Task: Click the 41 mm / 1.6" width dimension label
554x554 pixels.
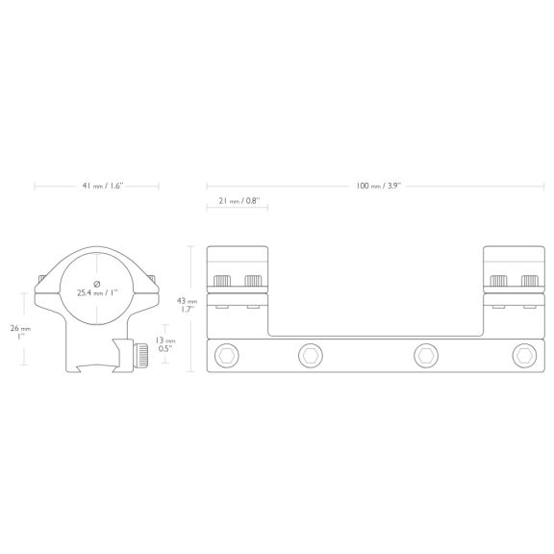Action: (103, 186)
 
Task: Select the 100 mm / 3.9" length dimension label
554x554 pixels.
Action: (378, 186)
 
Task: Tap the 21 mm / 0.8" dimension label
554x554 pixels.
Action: (239, 201)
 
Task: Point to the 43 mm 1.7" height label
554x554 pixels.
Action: (188, 305)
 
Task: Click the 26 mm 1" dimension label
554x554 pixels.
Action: (20, 333)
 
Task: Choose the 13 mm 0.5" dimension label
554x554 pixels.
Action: (165, 344)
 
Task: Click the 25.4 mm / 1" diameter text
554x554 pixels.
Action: (97, 293)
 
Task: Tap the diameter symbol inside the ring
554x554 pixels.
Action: (97, 284)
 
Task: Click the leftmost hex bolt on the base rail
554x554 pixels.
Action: (226, 356)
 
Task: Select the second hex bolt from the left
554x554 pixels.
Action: (311, 356)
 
